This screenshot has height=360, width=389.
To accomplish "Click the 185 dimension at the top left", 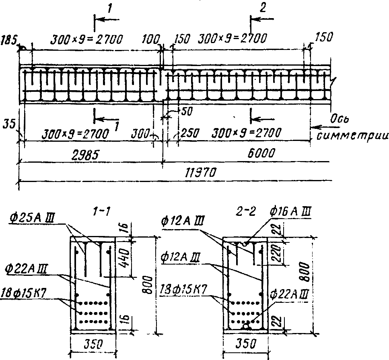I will [x=9, y=40].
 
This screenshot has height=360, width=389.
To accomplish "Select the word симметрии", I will [x=351, y=135].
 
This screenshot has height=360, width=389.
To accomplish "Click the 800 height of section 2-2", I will [x=306, y=274].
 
